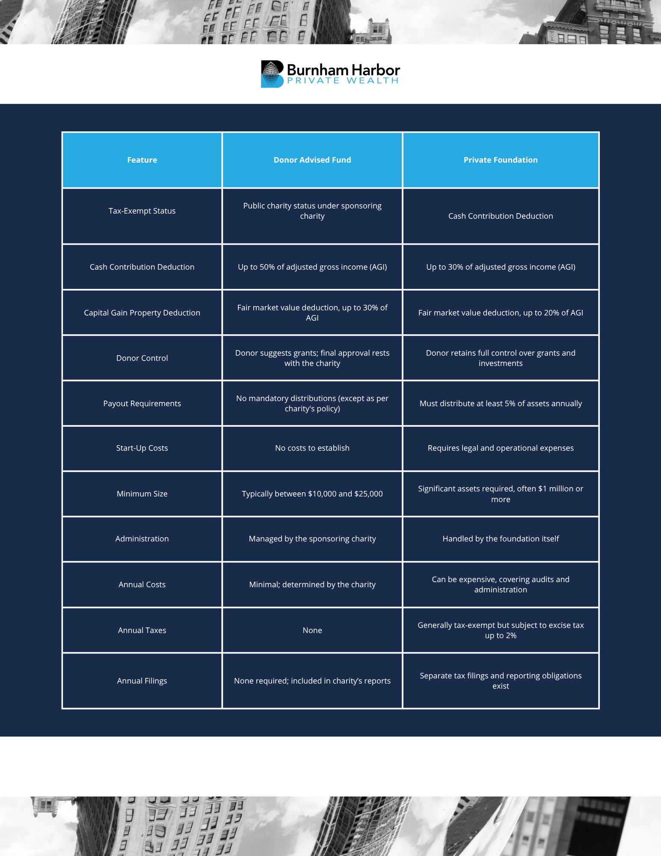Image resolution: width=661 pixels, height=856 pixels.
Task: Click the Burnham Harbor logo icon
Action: (x=272, y=74)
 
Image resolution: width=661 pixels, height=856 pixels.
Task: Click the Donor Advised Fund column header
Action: (x=312, y=160)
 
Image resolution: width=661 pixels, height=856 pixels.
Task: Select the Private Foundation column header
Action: (x=501, y=160)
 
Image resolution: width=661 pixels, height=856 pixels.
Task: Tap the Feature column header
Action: (x=142, y=160)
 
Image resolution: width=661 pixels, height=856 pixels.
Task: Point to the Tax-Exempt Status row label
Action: (x=142, y=211)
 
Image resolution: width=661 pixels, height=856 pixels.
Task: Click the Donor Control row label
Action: (x=142, y=358)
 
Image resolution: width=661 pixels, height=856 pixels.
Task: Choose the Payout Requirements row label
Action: (x=142, y=404)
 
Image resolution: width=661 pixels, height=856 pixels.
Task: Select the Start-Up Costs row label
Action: (x=142, y=448)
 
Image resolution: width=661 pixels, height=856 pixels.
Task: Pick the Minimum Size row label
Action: (x=142, y=494)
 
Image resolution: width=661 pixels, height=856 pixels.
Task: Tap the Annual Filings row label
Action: (x=142, y=681)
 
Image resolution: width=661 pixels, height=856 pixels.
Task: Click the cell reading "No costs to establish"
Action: (x=312, y=448)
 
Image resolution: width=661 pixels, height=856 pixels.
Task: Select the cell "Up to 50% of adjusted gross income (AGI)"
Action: (x=312, y=267)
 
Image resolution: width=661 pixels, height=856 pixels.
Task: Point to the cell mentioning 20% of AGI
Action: (x=501, y=313)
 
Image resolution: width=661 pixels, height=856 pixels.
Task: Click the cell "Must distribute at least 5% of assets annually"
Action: (x=501, y=404)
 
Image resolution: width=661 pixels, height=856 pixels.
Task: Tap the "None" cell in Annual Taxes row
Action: (x=312, y=630)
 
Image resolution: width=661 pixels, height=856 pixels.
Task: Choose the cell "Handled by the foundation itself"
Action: (x=501, y=539)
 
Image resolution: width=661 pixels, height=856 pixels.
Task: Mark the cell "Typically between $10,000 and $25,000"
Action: (x=312, y=494)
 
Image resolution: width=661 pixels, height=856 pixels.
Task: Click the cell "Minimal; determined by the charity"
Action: (x=312, y=585)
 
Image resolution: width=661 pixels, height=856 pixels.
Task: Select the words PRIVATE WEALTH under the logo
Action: (x=343, y=80)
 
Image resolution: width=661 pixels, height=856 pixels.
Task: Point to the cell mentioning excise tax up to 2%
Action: (x=501, y=630)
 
